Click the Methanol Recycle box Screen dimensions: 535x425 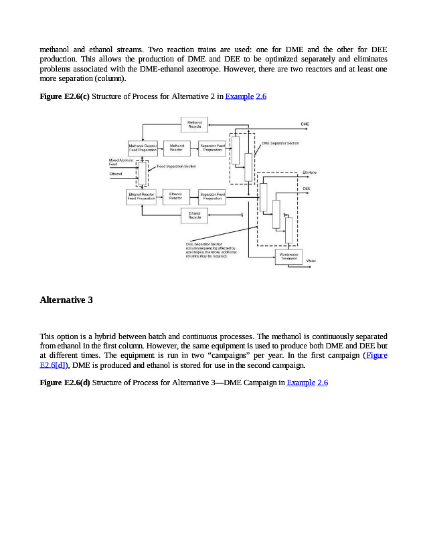pos(195,124)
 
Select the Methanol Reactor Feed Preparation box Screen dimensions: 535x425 pos(142,148)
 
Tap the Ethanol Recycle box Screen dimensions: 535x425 pos(195,215)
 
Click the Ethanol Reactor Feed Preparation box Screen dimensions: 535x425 pos(141,196)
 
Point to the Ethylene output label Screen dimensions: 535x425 pos(309,173)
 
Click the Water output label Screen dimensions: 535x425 pos(311,260)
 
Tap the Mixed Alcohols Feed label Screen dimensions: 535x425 pos(121,162)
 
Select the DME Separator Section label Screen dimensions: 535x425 pos(280,143)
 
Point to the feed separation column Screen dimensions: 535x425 pos(142,173)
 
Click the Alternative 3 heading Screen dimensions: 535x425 pos(66,300)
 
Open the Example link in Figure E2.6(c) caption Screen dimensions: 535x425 pos(239,97)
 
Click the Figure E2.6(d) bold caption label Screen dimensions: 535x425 pos(65,383)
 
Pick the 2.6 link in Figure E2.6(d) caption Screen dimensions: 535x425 pos(323,383)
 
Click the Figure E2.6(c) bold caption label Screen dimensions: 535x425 pos(64,97)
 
